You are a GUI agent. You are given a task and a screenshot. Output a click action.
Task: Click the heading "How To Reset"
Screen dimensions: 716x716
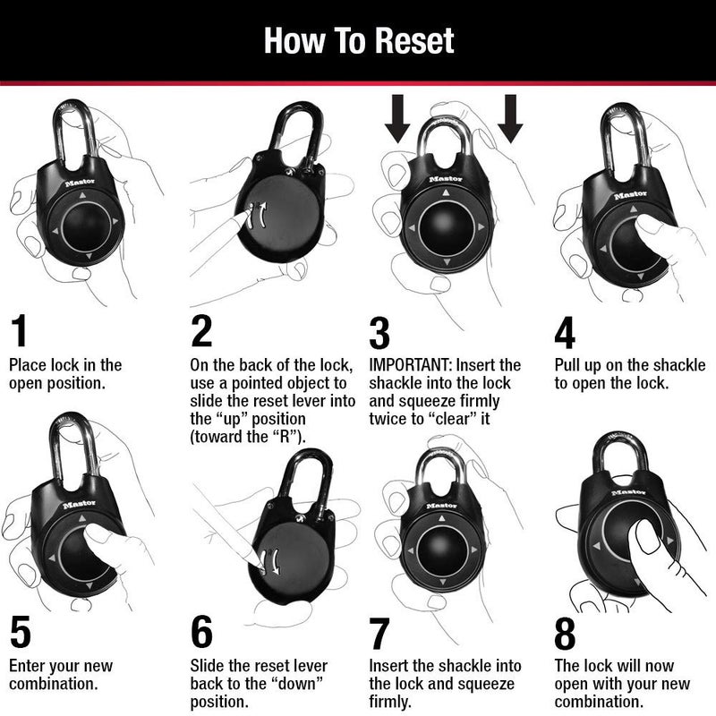click(358, 39)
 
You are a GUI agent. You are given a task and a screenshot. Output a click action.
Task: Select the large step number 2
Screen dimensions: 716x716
click(202, 330)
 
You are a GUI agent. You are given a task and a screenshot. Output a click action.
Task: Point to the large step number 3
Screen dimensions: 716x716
click(380, 330)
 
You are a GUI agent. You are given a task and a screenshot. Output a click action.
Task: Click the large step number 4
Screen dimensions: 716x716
click(565, 330)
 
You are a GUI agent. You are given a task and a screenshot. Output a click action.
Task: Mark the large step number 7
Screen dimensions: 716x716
click(380, 632)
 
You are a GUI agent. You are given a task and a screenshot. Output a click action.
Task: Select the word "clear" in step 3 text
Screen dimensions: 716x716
click(457, 419)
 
